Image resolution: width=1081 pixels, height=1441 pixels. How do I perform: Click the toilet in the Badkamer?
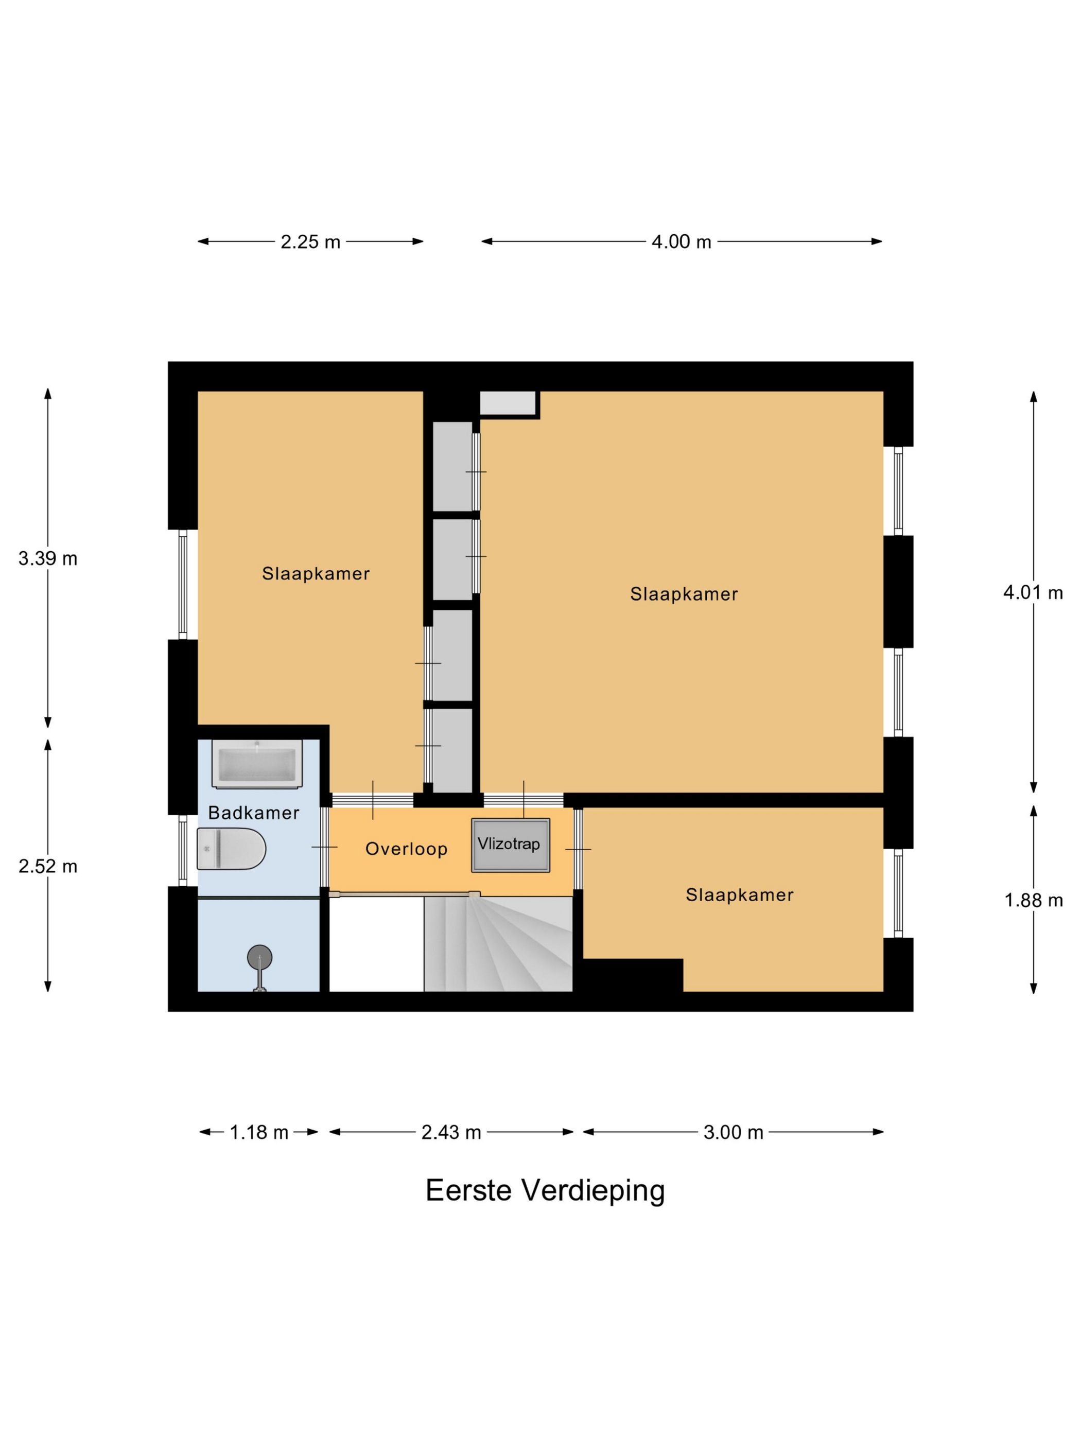pyautogui.click(x=231, y=848)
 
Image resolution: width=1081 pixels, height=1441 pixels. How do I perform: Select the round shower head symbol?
pyautogui.click(x=259, y=957)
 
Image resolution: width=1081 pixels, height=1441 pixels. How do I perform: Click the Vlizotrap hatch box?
pyautogui.click(x=510, y=845)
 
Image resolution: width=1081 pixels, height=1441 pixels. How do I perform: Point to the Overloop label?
pyautogui.click(x=406, y=849)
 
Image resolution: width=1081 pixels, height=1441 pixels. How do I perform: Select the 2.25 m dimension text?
pyautogui.click(x=310, y=242)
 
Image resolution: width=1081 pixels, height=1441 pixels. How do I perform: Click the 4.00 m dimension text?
pyautogui.click(x=681, y=242)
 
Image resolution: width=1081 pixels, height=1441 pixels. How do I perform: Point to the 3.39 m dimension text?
pyautogui.click(x=47, y=558)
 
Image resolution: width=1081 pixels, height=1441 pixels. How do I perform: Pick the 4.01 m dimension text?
pyautogui.click(x=1033, y=592)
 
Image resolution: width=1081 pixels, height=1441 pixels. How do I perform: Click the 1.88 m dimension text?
pyautogui.click(x=1033, y=900)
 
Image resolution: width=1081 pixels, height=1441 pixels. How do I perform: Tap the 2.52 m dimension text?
pyautogui.click(x=47, y=867)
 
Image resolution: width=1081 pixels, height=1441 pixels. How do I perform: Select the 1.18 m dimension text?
pyautogui.click(x=259, y=1132)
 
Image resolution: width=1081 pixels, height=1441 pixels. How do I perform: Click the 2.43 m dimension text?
pyautogui.click(x=451, y=1132)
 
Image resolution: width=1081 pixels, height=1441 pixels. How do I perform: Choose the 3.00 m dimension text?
pyautogui.click(x=733, y=1132)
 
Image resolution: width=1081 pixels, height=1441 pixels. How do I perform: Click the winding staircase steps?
pyautogui.click(x=508, y=944)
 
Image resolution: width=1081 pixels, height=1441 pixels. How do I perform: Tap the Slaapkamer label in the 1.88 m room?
pyautogui.click(x=739, y=895)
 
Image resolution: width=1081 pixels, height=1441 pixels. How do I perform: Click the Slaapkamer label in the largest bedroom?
pyautogui.click(x=684, y=594)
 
